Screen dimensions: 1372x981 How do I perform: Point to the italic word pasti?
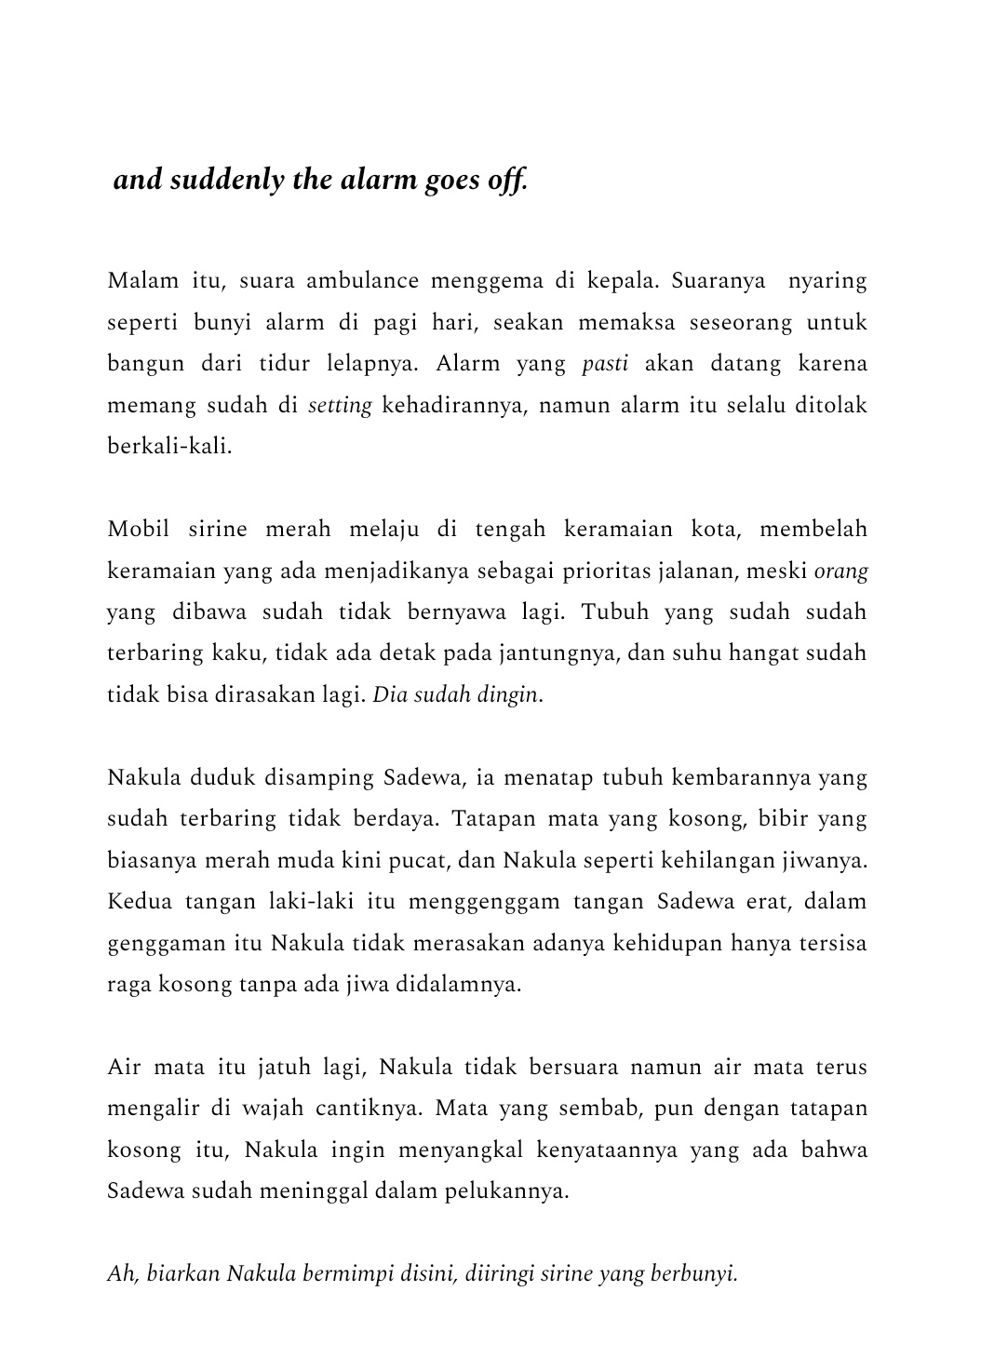(605, 363)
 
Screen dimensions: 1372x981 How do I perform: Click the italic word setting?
(340, 405)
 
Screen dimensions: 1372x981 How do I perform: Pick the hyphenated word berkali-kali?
(168, 446)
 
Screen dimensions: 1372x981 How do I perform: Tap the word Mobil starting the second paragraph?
(139, 530)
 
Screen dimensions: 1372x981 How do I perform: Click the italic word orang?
(840, 571)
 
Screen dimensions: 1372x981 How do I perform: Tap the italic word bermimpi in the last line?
(341, 1274)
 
